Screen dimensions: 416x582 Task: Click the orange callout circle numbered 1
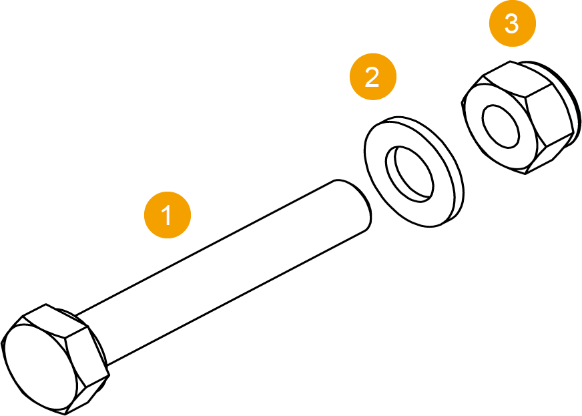[168, 215]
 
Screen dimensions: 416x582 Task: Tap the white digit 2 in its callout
[373, 77]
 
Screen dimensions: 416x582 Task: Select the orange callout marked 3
[512, 25]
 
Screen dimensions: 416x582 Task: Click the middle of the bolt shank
[227, 267]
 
